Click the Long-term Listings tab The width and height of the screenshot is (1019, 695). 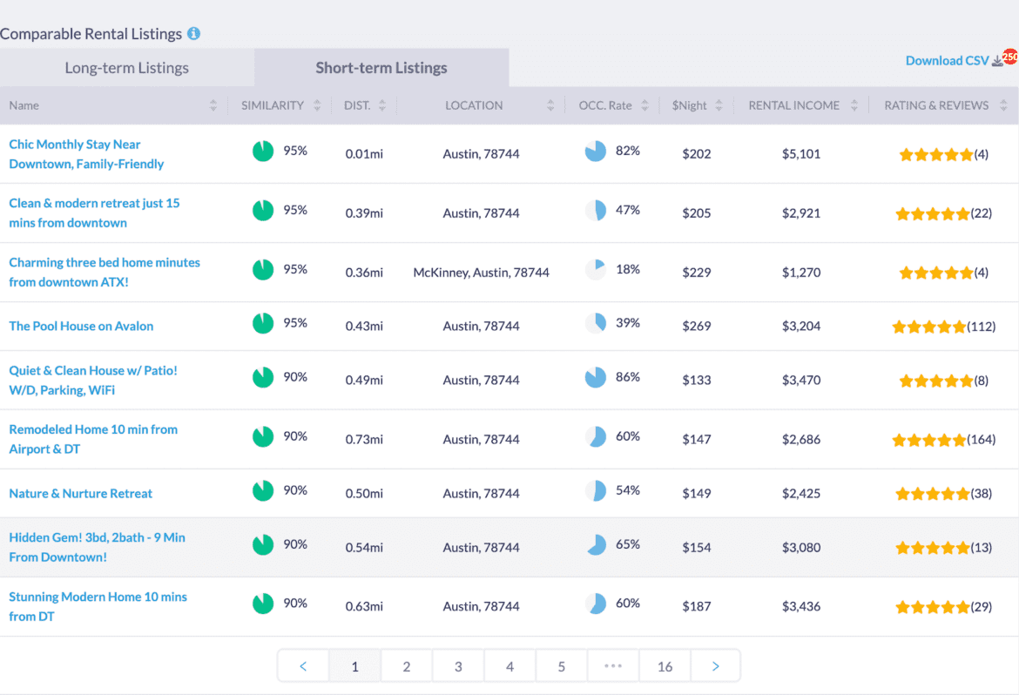(126, 68)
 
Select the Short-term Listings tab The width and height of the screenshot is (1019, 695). (381, 68)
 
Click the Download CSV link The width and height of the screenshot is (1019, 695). (948, 60)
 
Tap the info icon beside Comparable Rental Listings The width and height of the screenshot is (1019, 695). (193, 34)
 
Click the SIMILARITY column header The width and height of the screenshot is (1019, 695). (273, 105)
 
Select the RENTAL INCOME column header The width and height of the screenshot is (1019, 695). (794, 105)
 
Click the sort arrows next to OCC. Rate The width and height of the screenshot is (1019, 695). (644, 105)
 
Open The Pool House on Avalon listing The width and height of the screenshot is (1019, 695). (81, 326)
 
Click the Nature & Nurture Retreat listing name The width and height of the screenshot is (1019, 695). (80, 493)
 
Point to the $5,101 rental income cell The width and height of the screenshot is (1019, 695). (800, 154)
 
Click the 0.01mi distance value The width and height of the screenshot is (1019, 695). (364, 154)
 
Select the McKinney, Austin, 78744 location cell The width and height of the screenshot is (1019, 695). (481, 273)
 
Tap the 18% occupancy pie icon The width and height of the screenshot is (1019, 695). (596, 270)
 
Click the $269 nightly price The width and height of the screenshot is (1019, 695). (696, 326)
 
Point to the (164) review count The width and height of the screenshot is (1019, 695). (981, 440)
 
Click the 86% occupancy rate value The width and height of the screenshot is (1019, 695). (627, 377)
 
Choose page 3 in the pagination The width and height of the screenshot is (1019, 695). (458, 666)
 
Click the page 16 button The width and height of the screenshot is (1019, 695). (665, 666)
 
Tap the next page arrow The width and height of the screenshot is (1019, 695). (715, 666)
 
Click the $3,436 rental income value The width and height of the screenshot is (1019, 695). (800, 606)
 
